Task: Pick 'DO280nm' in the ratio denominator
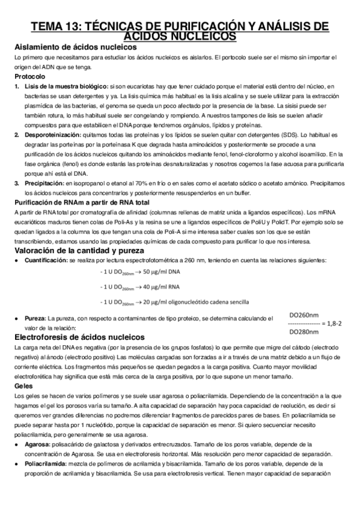click(304, 331)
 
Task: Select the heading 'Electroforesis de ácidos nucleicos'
click(85, 337)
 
